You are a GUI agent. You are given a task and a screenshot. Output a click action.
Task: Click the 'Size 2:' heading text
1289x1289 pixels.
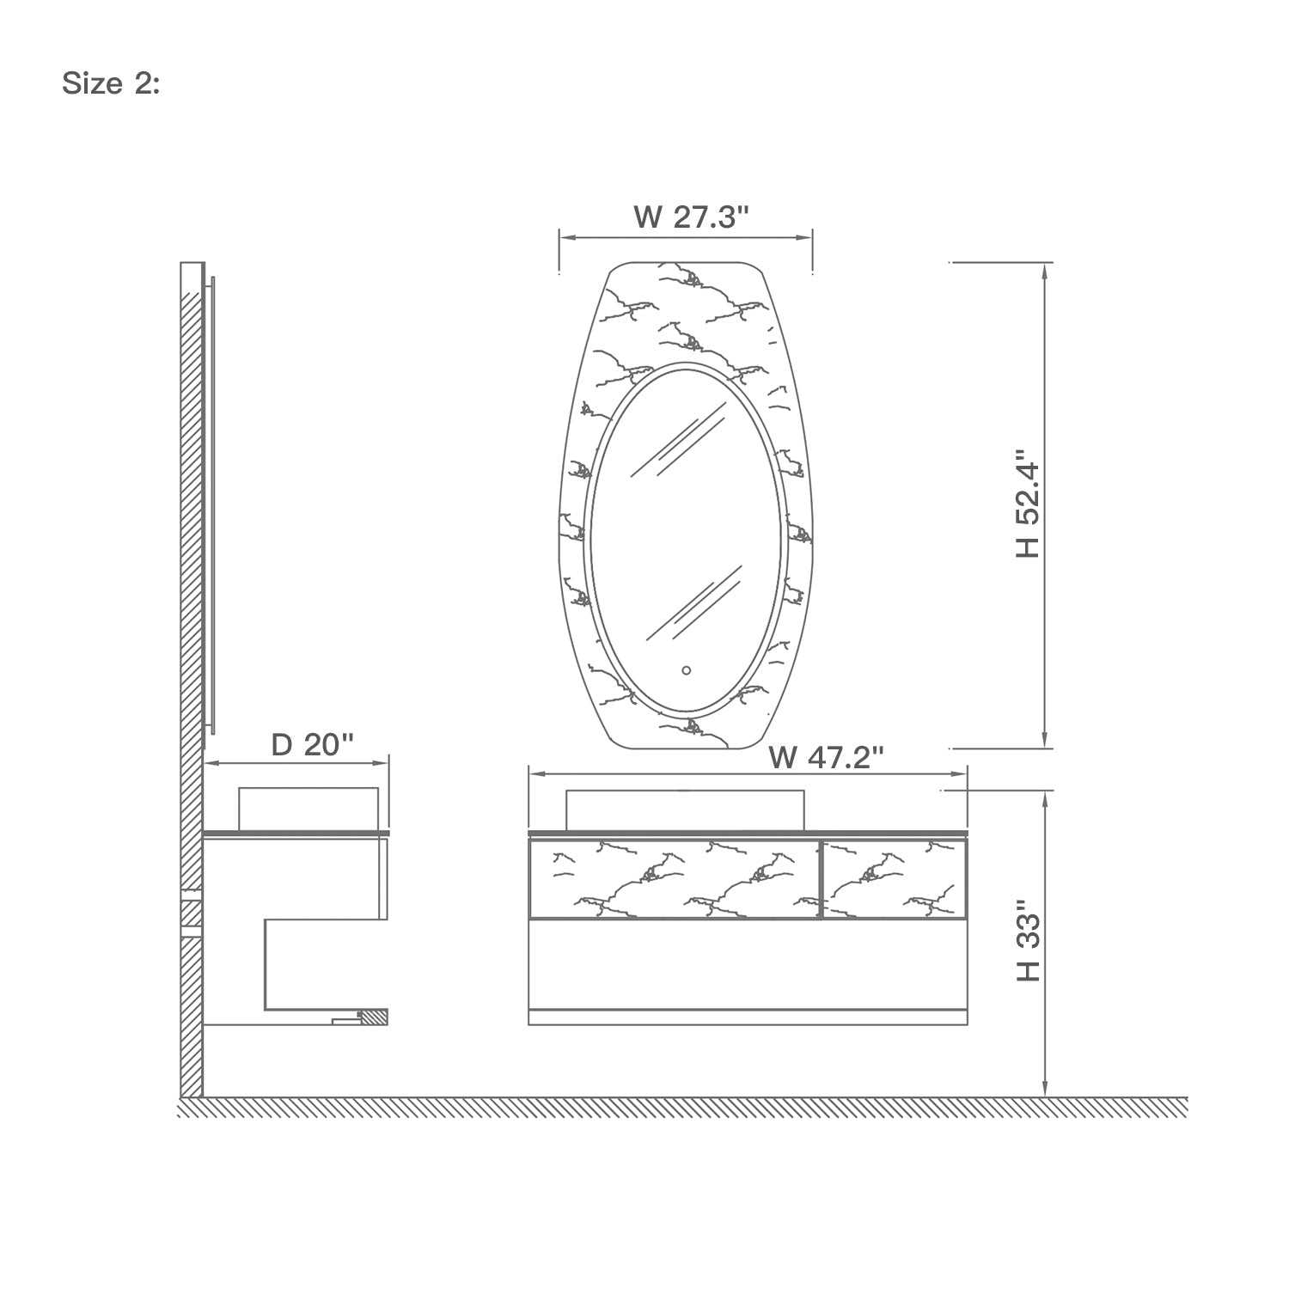pos(111,84)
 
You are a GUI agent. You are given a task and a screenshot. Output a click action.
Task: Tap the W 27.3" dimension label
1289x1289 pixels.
pos(692,217)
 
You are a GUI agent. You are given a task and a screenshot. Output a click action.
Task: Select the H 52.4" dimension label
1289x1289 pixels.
pos(1027,503)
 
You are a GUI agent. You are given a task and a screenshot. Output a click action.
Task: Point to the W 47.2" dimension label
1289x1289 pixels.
pos(827,758)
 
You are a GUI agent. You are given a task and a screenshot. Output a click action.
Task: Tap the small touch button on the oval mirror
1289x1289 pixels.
pos(686,669)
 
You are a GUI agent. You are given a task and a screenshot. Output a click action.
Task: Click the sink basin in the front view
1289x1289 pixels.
pos(685,810)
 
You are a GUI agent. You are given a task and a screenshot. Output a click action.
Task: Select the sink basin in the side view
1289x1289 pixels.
pos(308,809)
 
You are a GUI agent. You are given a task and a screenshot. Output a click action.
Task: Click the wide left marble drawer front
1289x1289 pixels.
pos(674,879)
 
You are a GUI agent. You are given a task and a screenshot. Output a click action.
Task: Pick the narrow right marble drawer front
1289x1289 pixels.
pos(894,879)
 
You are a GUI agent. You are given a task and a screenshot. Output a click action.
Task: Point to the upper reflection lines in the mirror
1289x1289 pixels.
pos(675,447)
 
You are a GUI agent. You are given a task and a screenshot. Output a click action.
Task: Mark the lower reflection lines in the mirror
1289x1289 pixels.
pos(692,606)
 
